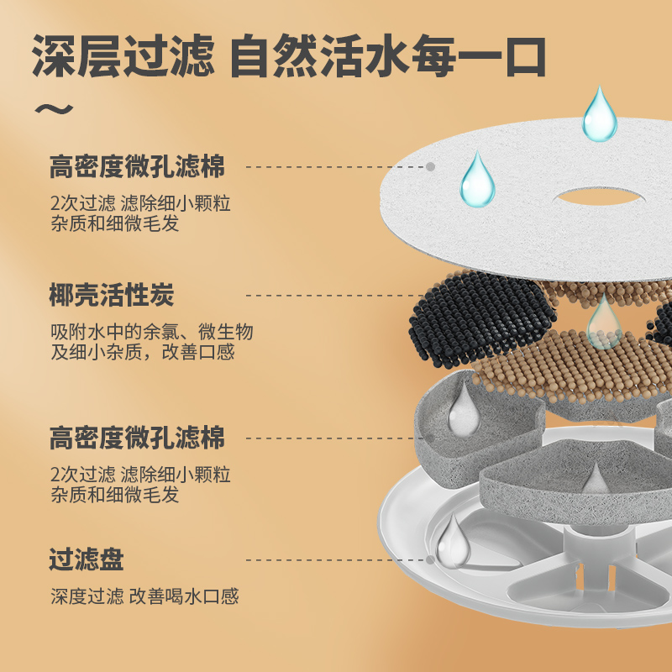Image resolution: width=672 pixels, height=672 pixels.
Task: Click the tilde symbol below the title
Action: point(52,108)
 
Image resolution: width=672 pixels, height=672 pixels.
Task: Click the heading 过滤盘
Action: point(87,559)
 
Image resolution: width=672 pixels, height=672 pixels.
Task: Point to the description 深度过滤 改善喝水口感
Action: point(144,596)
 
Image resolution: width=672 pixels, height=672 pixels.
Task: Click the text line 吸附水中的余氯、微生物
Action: point(151,332)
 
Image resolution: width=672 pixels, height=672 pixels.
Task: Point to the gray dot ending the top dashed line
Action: point(430,167)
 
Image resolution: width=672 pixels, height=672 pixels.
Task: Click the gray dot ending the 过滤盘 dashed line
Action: point(430,559)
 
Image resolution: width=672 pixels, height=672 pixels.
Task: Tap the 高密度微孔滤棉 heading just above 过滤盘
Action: point(137,438)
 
